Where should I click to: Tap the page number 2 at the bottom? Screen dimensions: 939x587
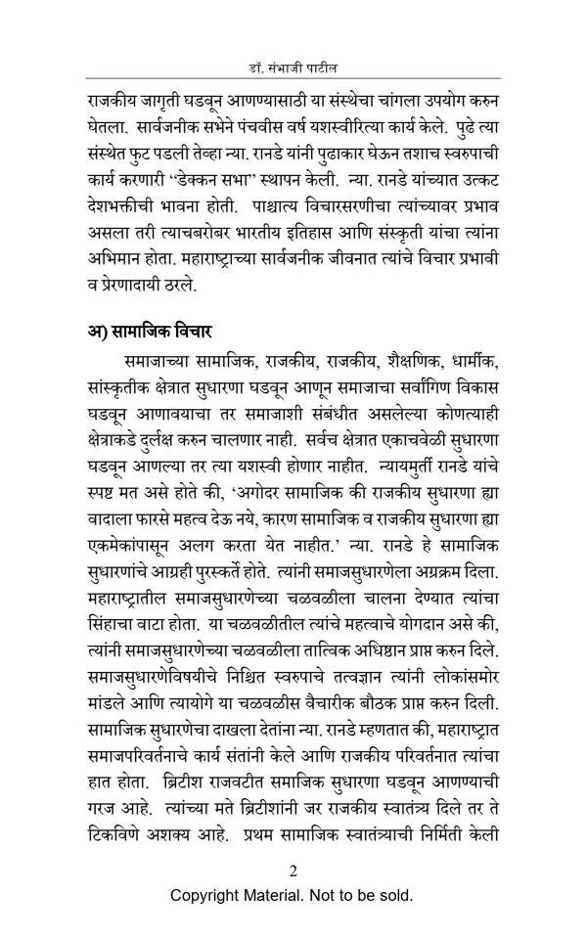click(x=293, y=872)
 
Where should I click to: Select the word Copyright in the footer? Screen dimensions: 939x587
click(x=208, y=895)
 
